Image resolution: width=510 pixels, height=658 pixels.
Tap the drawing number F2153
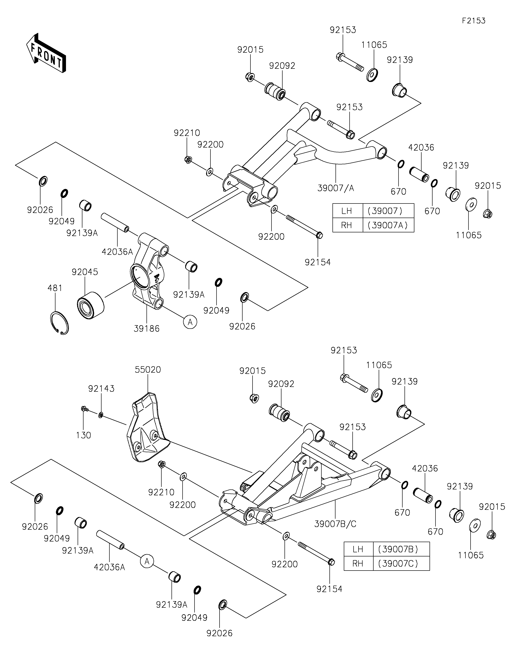(x=474, y=21)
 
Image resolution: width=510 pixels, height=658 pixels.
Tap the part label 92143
(x=101, y=389)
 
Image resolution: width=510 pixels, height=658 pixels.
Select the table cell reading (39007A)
(x=388, y=225)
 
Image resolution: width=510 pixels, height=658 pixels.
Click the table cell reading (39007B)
(x=401, y=549)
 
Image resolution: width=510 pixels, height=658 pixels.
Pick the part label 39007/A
(x=336, y=188)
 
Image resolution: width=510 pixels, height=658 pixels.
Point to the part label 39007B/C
(x=335, y=524)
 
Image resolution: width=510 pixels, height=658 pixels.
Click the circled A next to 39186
(x=190, y=322)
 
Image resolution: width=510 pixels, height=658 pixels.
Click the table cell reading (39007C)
(x=401, y=563)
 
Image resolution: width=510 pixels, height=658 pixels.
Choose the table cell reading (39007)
(x=388, y=211)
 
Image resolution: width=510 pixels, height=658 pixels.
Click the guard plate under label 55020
(x=146, y=431)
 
